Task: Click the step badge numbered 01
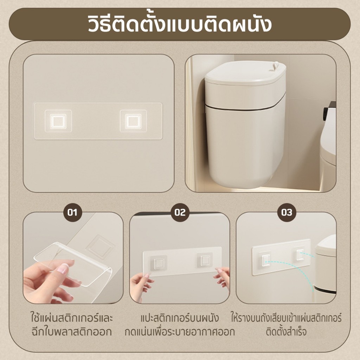(x=72, y=212)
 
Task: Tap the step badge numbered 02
(x=180, y=212)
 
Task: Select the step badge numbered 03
(x=287, y=212)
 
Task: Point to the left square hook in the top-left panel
(x=58, y=121)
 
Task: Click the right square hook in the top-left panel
(x=133, y=121)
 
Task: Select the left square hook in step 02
(x=159, y=262)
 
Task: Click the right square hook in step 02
(x=205, y=260)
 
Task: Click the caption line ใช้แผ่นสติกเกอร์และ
(x=72, y=318)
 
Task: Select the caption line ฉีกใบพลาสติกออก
(x=72, y=332)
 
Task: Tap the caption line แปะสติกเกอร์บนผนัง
(x=180, y=318)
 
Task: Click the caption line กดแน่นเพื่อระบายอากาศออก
(x=180, y=332)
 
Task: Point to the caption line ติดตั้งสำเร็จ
(x=286, y=332)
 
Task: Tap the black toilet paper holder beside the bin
(x=329, y=111)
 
